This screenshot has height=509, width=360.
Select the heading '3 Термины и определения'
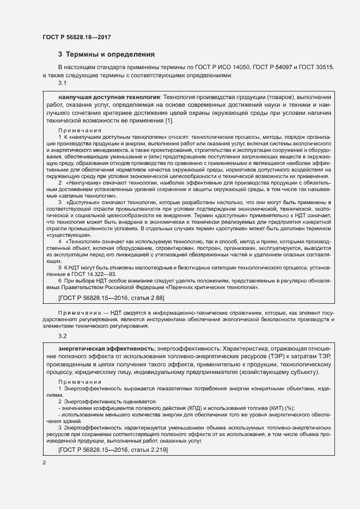(x=107, y=54)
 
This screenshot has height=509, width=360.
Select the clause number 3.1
(x=62, y=83)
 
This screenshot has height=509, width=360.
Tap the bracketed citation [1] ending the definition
(x=169, y=120)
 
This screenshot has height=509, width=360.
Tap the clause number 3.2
(x=62, y=336)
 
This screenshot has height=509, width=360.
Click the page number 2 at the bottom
(x=44, y=463)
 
